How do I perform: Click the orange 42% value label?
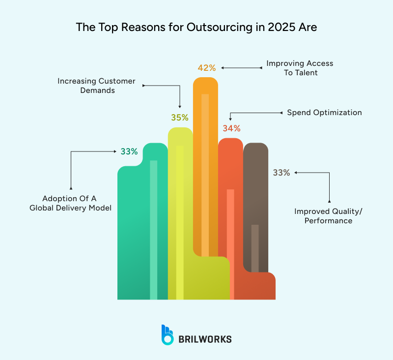click(x=206, y=67)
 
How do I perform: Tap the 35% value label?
click(x=180, y=118)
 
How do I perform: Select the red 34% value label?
click(x=231, y=128)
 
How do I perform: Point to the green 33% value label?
click(x=129, y=151)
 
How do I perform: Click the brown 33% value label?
click(x=281, y=173)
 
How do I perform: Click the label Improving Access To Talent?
click(x=300, y=68)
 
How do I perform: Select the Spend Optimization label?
click(x=324, y=113)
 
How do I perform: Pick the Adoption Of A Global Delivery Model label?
click(x=70, y=203)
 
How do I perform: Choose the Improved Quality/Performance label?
click(x=324, y=216)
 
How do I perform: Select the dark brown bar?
click(x=256, y=197)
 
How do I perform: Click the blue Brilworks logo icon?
click(x=168, y=334)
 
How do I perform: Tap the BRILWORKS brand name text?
click(x=205, y=339)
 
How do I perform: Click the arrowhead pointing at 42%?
click(x=221, y=67)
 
